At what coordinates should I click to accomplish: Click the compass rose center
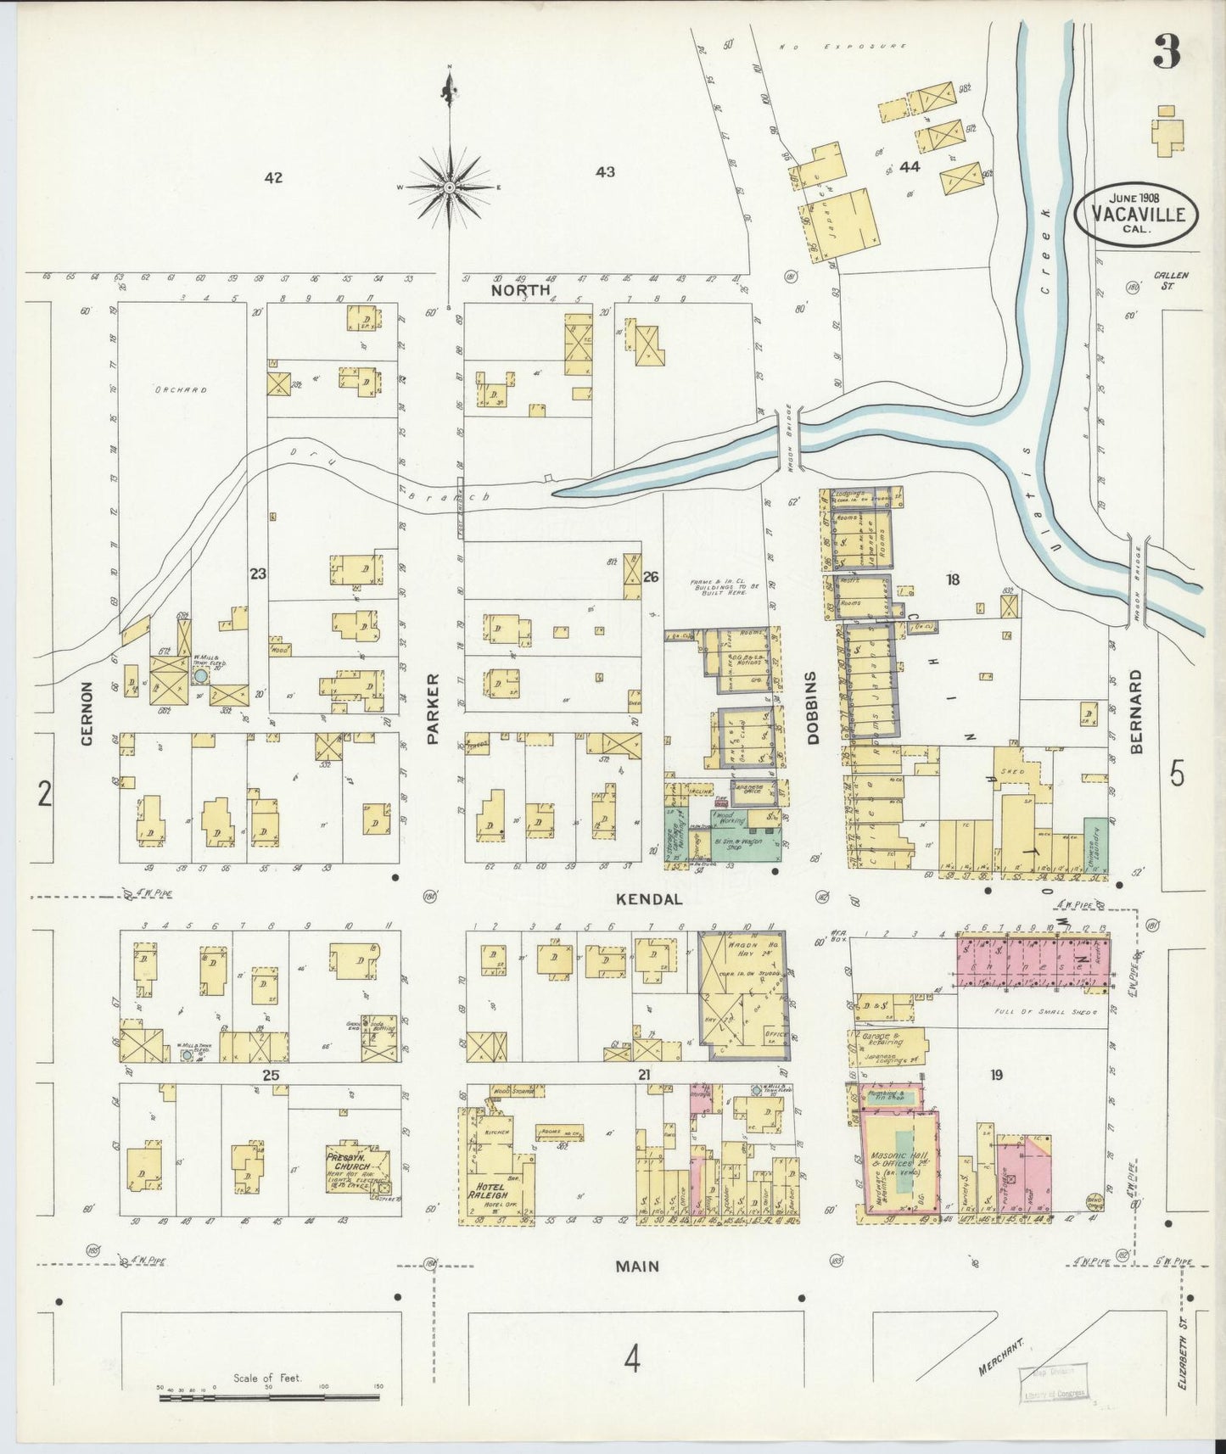(450, 186)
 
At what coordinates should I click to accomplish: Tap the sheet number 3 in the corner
(1166, 54)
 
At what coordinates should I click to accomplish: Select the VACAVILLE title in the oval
(1137, 214)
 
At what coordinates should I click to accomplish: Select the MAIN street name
(636, 1267)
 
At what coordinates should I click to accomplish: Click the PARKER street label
(434, 708)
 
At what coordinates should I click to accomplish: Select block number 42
(272, 177)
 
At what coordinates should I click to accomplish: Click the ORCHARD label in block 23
(181, 390)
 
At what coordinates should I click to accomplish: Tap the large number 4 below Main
(632, 1360)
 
